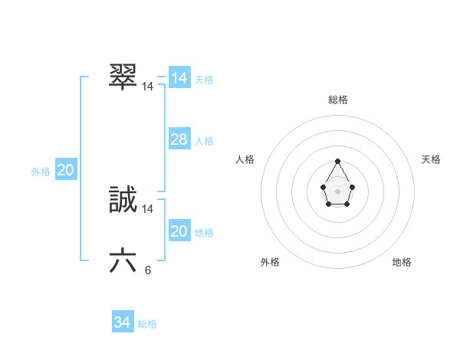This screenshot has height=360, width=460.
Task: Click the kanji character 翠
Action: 123,77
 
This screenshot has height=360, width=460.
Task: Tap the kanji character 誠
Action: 123,199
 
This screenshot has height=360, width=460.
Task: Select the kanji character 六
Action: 123,261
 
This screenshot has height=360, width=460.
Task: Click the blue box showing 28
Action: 179,139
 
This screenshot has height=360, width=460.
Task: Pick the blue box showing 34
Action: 123,322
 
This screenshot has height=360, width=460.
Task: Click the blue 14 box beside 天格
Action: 179,78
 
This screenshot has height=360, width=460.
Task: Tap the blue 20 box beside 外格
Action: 65,170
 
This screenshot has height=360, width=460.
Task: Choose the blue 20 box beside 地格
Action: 179,231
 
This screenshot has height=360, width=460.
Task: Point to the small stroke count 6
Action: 148,270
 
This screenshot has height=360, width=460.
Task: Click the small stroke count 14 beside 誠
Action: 148,208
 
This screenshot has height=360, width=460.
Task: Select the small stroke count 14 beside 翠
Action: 148,87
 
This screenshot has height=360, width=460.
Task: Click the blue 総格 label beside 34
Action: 147,324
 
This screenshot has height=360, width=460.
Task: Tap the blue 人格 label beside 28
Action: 204,141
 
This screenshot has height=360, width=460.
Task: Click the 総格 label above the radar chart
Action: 338,100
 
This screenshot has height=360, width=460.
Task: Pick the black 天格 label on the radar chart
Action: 431,159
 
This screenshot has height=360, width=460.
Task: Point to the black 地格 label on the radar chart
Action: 402,262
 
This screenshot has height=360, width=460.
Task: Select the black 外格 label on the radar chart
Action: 270,262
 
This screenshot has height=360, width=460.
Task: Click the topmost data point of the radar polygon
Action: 337,161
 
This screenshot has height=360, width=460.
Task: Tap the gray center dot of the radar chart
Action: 337,191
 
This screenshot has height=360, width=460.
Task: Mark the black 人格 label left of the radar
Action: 245,159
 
